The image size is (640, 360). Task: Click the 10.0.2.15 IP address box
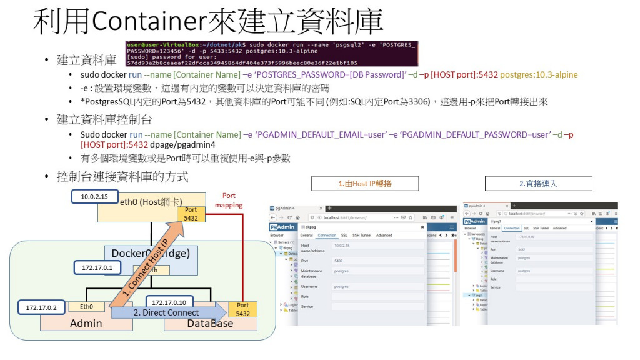pos(94,197)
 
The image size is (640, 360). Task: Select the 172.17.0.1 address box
pos(97,268)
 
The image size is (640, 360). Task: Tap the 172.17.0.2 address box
pos(41,308)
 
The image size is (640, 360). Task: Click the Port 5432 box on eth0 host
pos(191,214)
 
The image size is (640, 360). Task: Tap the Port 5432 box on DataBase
pos(242,309)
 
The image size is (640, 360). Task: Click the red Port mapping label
pos(229,200)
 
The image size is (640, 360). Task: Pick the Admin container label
pos(86,323)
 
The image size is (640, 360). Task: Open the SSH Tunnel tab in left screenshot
pos(361,236)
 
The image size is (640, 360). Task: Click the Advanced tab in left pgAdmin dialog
pos(384,236)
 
